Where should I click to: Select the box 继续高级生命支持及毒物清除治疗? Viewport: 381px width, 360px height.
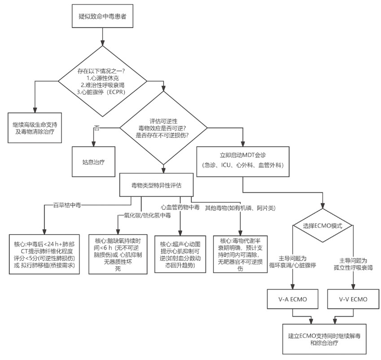[x=34, y=127]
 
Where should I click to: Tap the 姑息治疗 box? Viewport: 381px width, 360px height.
[x=93, y=160]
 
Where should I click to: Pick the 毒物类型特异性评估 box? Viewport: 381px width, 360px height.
[x=156, y=185]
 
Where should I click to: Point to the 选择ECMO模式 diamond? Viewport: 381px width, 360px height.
[x=324, y=226]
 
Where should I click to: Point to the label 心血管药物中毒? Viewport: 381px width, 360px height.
[x=181, y=207]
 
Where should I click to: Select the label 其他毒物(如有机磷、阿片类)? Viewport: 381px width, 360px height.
[x=240, y=208]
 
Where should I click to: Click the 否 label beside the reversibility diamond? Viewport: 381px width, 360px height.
[x=96, y=128]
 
